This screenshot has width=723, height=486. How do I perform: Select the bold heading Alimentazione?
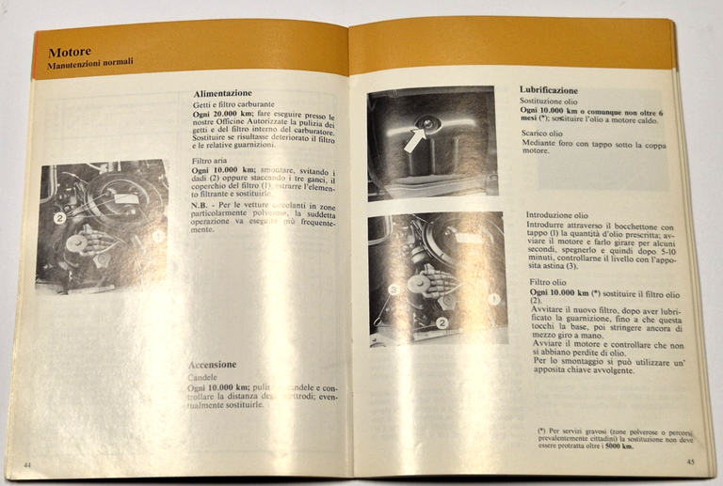pyautogui.click(x=222, y=94)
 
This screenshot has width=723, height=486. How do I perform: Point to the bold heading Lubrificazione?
pyautogui.click(x=554, y=89)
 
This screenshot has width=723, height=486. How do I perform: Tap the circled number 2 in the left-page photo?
pyautogui.click(x=58, y=217)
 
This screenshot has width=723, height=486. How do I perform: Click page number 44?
pyautogui.click(x=27, y=463)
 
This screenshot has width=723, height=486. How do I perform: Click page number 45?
pyautogui.click(x=690, y=462)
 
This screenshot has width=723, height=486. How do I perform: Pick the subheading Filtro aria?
pyautogui.click(x=208, y=162)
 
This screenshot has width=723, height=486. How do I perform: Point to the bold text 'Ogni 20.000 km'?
pyautogui.click(x=216, y=114)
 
